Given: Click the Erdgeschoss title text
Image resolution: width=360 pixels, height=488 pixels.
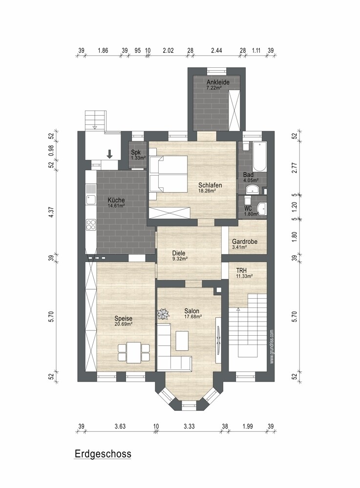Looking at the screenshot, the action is click(103, 454).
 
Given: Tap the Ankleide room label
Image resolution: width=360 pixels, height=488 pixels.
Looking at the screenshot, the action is click(218, 82).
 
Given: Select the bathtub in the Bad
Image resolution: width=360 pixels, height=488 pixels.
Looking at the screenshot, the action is click(259, 156).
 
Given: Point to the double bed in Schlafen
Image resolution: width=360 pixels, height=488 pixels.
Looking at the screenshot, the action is click(169, 174).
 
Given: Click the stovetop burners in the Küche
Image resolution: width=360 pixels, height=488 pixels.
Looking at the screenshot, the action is click(91, 224).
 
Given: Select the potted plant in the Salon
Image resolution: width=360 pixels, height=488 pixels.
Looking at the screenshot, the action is click(163, 314).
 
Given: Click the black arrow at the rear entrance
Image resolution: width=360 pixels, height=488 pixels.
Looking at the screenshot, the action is click(109, 154).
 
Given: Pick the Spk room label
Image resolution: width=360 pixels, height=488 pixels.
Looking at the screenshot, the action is click(136, 152).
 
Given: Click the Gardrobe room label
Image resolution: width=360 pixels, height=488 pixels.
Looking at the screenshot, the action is click(245, 242).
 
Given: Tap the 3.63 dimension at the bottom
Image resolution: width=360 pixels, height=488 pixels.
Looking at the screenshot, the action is click(120, 426).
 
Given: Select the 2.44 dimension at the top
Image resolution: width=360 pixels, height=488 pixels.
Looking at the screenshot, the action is click(216, 50).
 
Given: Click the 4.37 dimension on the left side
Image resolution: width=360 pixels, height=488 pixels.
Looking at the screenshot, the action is click(51, 212).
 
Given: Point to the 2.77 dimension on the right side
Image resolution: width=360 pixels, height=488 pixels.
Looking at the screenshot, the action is click(295, 168).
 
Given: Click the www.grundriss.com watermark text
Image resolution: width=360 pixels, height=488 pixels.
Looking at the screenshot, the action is click(272, 346).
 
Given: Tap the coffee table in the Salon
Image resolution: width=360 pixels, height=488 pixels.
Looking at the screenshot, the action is click(182, 341).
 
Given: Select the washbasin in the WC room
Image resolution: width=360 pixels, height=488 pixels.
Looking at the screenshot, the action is click(262, 207).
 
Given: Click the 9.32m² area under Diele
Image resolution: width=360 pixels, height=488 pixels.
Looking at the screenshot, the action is click(180, 258).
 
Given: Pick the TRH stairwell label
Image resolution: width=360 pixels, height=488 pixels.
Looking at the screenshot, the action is click(241, 271).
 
